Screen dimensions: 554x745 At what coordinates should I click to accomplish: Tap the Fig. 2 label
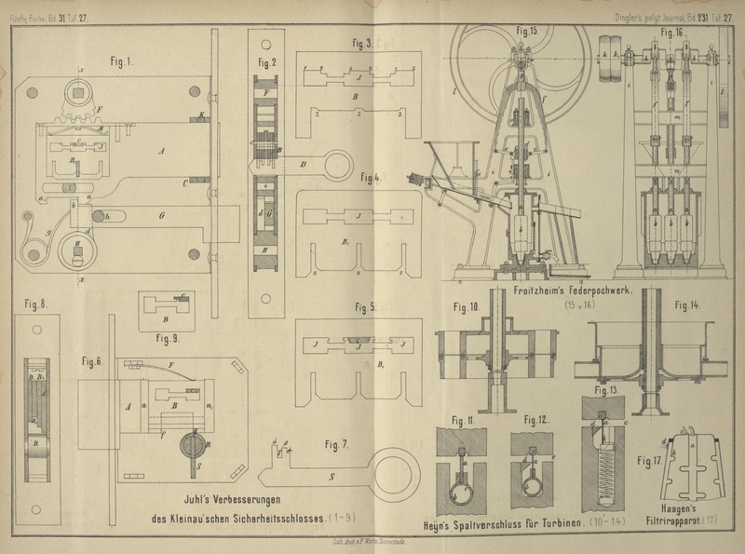point(268,62)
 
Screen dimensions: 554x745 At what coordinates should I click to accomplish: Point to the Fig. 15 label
point(526,31)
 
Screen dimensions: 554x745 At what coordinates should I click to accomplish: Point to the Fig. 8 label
point(37,303)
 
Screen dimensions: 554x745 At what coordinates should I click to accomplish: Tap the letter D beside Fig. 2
point(304,165)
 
